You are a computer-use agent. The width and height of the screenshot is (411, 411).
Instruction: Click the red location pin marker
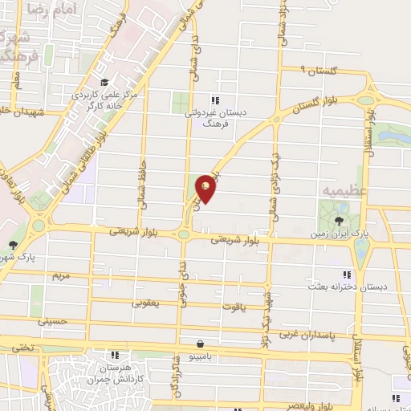[206, 188]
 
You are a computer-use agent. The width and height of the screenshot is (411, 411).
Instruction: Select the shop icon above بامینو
[187, 344]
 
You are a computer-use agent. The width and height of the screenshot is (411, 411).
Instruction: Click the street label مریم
[62, 275]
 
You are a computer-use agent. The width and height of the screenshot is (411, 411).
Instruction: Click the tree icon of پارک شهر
[12, 245]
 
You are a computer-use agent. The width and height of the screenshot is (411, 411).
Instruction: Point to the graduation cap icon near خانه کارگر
[103, 81]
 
